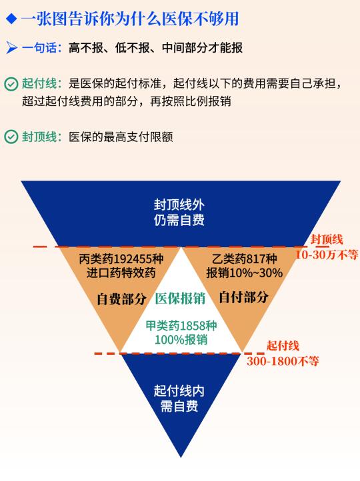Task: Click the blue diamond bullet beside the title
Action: click(x=11, y=19)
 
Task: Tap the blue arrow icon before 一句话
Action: click(x=11, y=48)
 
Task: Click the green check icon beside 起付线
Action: click(x=11, y=84)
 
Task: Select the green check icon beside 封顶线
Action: click(x=11, y=137)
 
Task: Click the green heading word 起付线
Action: click(x=39, y=83)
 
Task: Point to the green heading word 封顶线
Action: click(x=39, y=137)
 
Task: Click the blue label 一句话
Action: click(x=39, y=48)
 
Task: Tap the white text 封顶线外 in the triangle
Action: click(x=179, y=205)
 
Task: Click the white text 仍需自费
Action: click(x=179, y=220)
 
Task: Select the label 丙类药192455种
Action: click(x=121, y=259)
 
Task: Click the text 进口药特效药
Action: click(x=121, y=272)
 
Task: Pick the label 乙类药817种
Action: click(x=244, y=259)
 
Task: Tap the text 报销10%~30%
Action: click(x=244, y=272)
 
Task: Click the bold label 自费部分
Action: click(x=121, y=298)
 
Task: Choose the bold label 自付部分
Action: click(x=244, y=297)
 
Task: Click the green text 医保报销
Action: click(x=180, y=298)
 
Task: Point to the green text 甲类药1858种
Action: click(x=181, y=326)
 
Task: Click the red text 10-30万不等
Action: click(x=327, y=254)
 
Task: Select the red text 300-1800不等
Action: click(x=283, y=361)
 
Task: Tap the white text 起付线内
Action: click(x=179, y=391)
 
